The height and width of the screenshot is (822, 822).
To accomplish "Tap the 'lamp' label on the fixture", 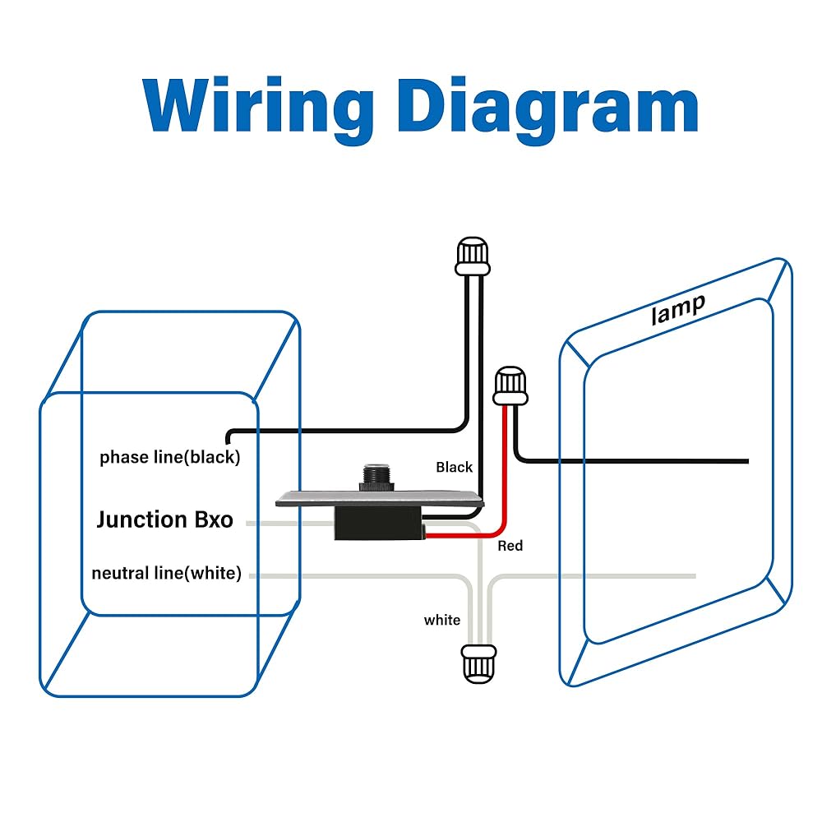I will (x=678, y=309).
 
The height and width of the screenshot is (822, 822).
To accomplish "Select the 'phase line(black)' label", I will (x=169, y=458).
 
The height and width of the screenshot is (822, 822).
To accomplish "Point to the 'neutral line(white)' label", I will (x=167, y=574).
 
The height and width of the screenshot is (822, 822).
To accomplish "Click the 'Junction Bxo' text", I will (x=164, y=520).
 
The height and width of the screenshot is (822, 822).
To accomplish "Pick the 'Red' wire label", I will (x=510, y=546).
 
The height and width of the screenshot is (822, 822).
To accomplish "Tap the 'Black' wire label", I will (x=454, y=468).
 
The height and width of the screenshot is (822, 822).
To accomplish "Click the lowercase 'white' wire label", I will (x=442, y=620).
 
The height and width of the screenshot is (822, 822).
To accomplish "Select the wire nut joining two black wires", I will (x=473, y=257).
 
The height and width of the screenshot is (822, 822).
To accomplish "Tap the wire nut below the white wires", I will (x=478, y=663).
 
